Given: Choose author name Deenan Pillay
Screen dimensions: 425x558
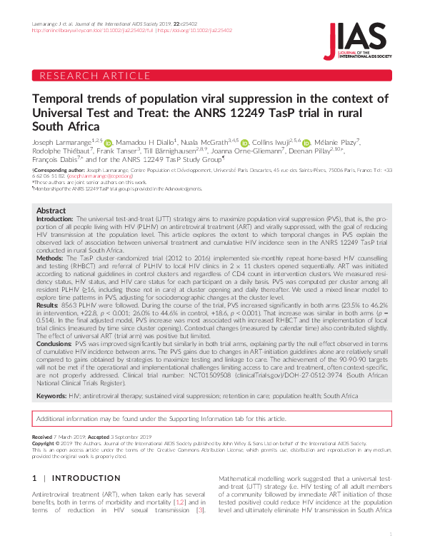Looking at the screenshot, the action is [314, 151].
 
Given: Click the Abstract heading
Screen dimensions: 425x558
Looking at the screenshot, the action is [51, 211].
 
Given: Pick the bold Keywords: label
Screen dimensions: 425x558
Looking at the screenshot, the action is [52, 395].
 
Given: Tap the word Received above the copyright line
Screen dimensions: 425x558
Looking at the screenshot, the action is [42, 436].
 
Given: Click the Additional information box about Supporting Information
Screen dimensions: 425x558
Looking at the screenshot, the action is [212, 419].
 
